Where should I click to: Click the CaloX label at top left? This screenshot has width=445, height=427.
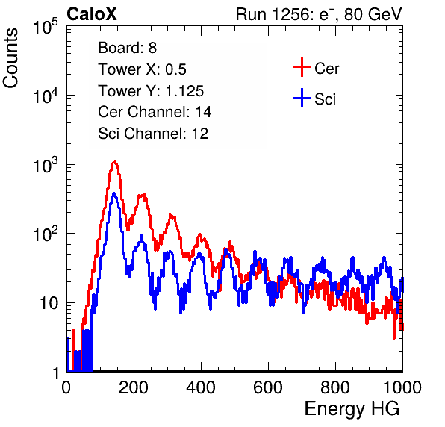coord(92,14)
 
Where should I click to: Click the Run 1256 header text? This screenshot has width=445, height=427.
coord(319,14)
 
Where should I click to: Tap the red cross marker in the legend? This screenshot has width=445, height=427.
coord(302,67)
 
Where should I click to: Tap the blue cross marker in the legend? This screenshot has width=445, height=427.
coord(302,98)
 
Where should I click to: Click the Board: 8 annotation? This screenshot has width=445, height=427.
coord(128,48)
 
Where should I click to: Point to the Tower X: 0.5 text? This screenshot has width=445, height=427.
coord(142,69)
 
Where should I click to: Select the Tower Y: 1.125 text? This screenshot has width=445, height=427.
coord(151,91)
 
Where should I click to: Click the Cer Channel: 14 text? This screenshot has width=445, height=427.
coord(155,112)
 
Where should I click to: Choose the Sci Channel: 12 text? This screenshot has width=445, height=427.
coord(153,134)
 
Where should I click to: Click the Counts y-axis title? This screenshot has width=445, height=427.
coord(10,58)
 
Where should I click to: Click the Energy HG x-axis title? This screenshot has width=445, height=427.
coord(352,408)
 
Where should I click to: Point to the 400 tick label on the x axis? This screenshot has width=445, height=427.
coord(201,387)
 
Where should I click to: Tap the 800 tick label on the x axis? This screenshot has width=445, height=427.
coord(335,387)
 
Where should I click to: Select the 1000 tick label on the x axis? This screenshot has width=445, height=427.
coord(402,387)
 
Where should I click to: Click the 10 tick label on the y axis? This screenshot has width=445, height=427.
coord(49,303)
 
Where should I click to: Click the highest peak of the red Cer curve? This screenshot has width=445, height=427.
coord(114,162)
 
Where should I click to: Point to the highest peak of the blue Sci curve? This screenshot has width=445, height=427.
coord(114,193)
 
